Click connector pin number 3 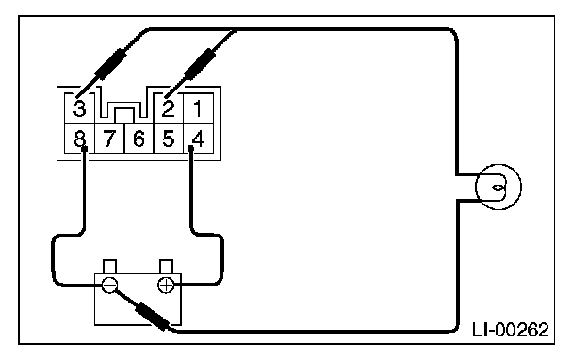point(79,108)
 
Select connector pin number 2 point(169,108)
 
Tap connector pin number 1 point(199,108)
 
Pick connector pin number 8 point(79,139)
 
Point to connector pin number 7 point(109,139)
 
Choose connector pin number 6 point(139,139)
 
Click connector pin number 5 point(169,139)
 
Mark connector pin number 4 point(199,139)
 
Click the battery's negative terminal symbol point(109,286)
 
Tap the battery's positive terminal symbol point(166,286)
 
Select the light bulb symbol point(498,187)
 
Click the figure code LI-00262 point(511,330)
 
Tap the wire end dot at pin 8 point(85,149)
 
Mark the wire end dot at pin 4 point(191,149)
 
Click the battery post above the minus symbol point(109,267)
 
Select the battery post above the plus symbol point(166,267)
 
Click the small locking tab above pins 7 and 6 point(124,115)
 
